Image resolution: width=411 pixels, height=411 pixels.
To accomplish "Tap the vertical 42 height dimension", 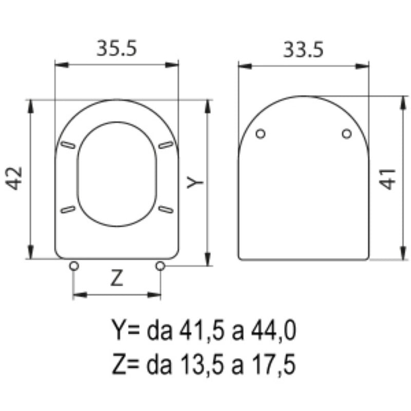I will pyautogui.click(x=15, y=178).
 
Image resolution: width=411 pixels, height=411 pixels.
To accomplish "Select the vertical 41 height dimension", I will pyautogui.click(x=389, y=178).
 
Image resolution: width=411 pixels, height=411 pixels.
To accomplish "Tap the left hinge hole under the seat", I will pyautogui.click(x=74, y=266).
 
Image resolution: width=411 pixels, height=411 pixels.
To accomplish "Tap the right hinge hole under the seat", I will pyautogui.click(x=160, y=266).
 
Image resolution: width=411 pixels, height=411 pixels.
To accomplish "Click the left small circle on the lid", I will pyautogui.click(x=261, y=134).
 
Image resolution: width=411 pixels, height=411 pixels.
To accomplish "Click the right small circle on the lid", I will pyautogui.click(x=347, y=134).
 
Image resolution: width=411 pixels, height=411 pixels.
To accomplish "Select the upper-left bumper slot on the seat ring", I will pyautogui.click(x=67, y=146).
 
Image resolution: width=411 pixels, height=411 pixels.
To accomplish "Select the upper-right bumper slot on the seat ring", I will pyautogui.click(x=165, y=146).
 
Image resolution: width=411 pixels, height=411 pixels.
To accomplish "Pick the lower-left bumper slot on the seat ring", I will pyautogui.click(x=67, y=209).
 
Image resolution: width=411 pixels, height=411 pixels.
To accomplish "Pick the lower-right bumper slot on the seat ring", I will pyautogui.click(x=165, y=209).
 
